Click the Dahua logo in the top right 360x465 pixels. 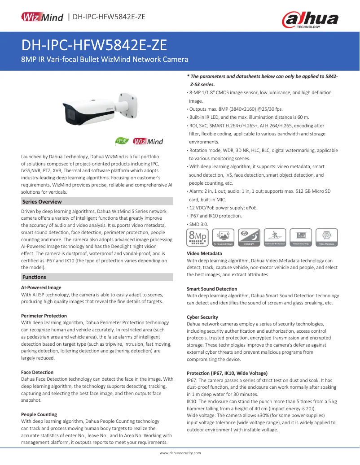click(x=309, y=20)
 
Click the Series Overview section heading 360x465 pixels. click(x=42, y=202)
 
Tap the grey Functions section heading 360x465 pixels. click(x=34, y=277)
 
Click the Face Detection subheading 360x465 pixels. click(x=37, y=372)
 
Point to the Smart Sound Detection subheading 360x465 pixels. click(x=212, y=289)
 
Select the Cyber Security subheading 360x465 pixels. click(x=202, y=317)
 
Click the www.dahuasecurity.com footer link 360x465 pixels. click(x=180, y=453)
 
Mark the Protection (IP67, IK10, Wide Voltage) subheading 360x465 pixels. click(x=227, y=373)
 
